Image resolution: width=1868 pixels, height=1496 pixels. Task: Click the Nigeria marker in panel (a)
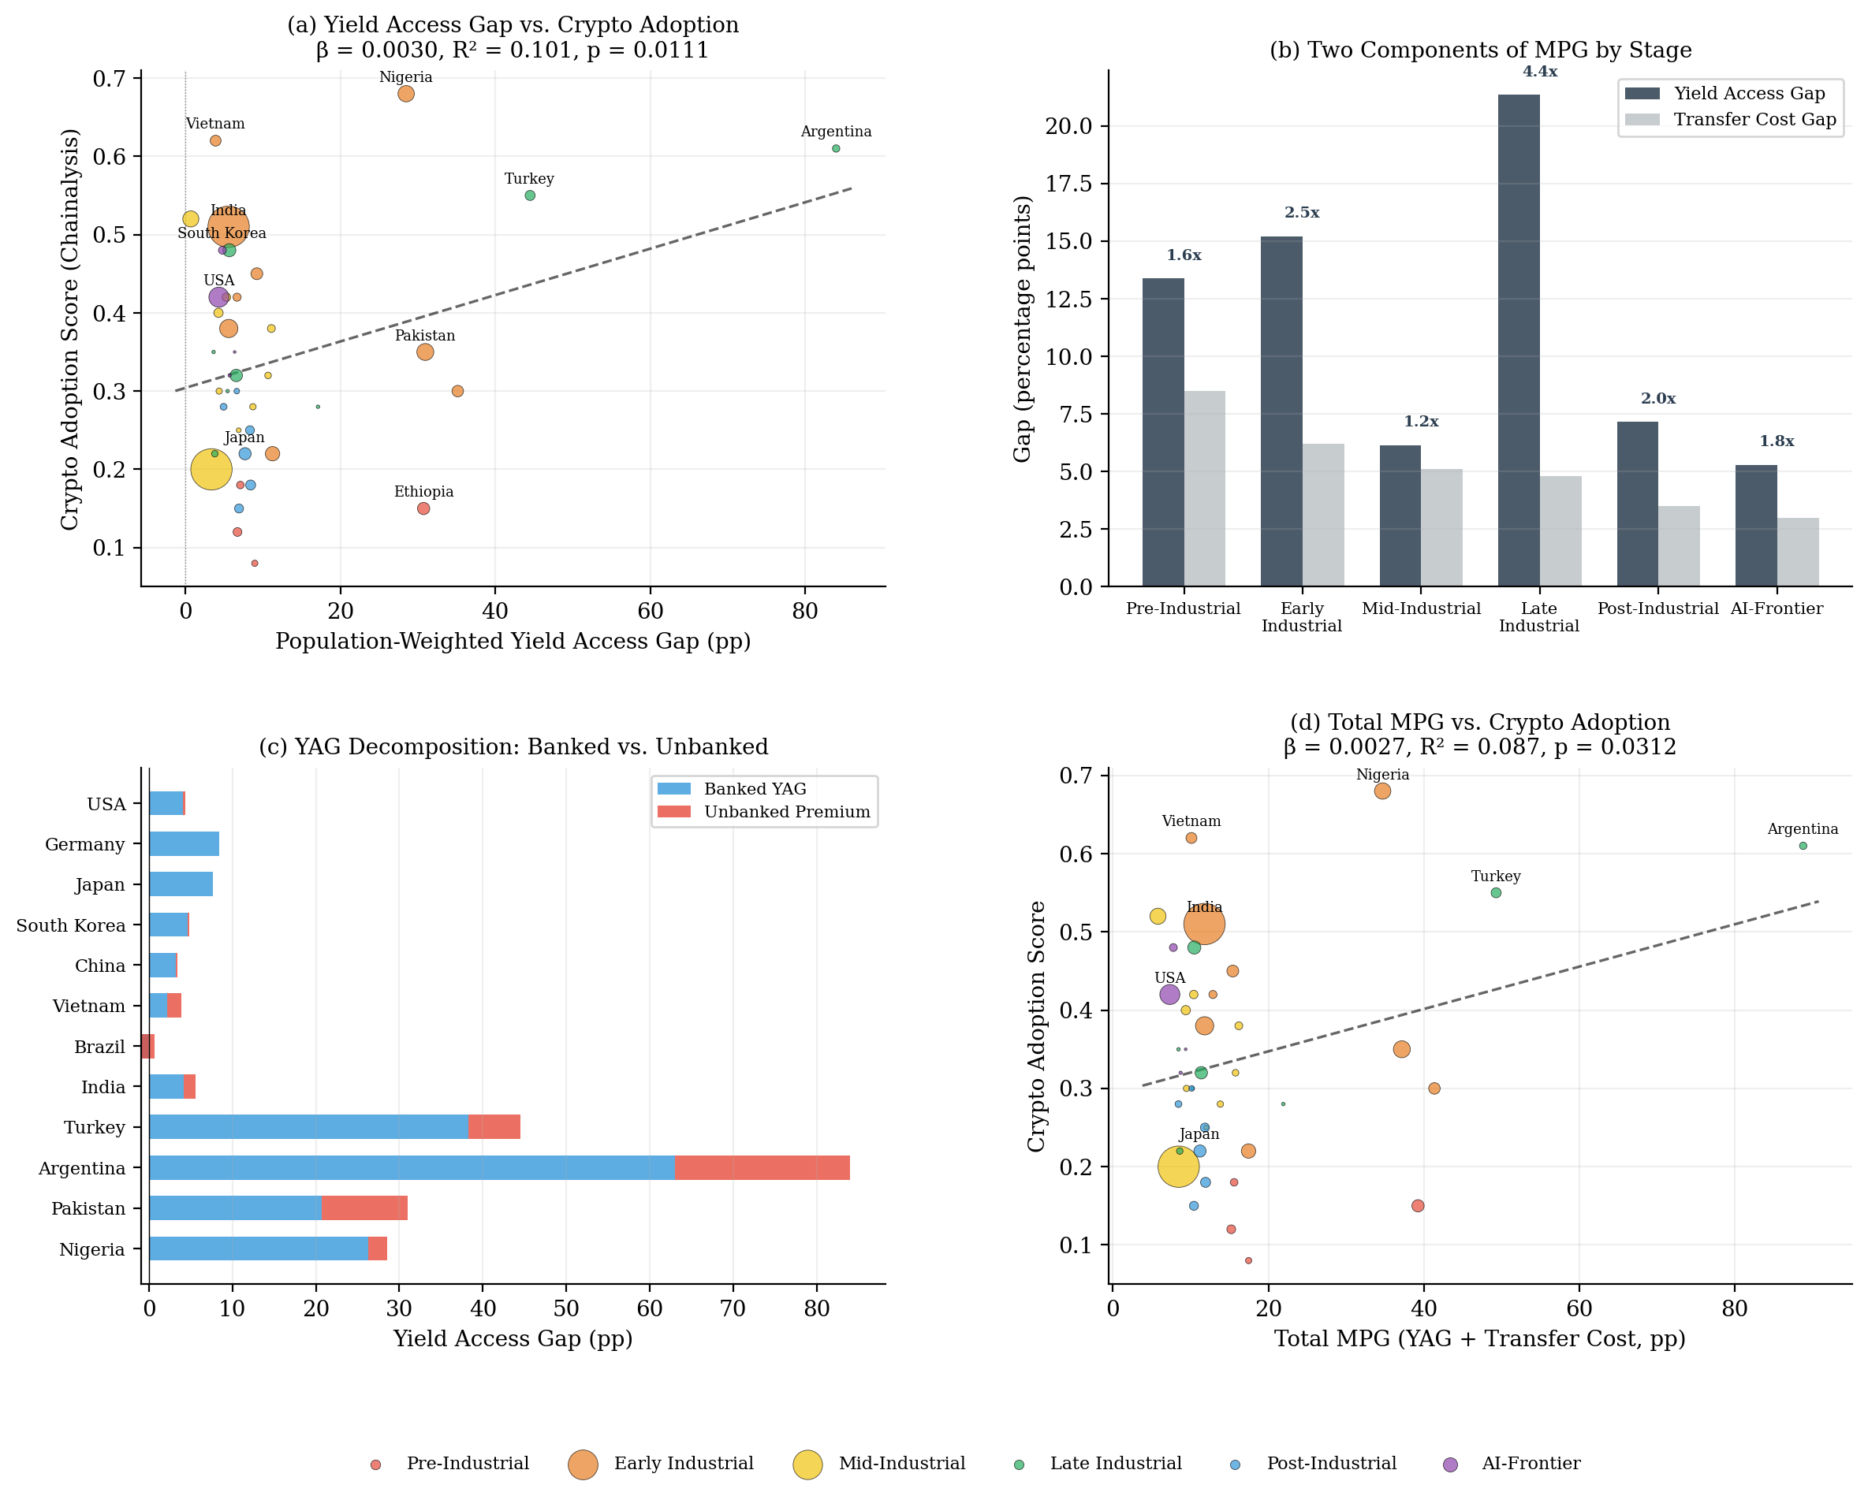405,94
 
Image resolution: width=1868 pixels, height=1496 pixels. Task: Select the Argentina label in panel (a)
835,132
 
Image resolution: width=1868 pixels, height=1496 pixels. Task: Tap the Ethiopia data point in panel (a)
423,508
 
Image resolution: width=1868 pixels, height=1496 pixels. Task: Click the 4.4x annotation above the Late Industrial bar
1540,72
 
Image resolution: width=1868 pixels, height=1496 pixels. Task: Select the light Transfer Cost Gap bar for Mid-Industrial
1441,527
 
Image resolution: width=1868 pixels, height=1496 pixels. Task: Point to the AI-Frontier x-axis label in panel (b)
1777,609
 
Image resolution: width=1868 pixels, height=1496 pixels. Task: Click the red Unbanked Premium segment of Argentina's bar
762,1167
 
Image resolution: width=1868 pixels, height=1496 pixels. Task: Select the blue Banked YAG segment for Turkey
308,1127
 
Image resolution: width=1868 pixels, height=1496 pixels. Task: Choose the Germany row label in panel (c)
85,845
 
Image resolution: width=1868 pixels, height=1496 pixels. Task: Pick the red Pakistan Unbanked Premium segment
364,1208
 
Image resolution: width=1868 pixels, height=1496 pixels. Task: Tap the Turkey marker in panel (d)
1496,893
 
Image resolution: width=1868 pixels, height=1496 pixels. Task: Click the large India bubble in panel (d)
1203,925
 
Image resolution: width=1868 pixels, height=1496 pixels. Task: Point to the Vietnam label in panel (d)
1191,821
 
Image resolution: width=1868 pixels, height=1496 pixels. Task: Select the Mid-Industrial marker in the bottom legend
807,1464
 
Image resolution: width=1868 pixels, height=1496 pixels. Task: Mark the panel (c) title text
513,746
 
